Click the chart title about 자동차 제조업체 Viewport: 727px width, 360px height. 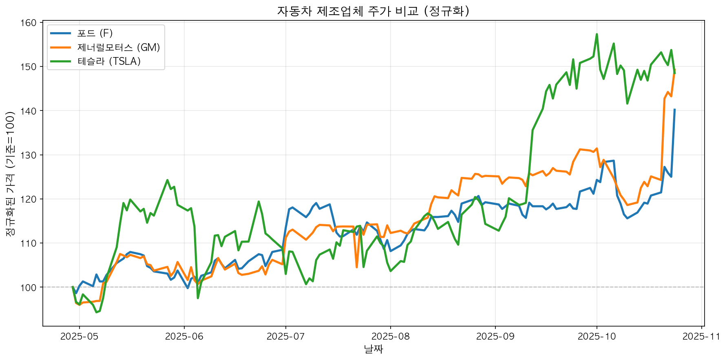pyautogui.click(x=373, y=11)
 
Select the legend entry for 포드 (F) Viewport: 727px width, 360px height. pyautogui.click(x=95, y=33)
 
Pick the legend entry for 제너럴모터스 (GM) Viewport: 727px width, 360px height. pyautogui.click(x=118, y=47)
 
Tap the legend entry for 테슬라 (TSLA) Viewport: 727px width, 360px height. pyautogui.click(x=109, y=61)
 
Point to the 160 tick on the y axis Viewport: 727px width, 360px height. pyautogui.click(x=31, y=23)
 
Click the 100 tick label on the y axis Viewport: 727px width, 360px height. pyautogui.click(x=31, y=287)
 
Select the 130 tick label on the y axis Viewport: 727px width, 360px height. pyautogui.click(x=31, y=155)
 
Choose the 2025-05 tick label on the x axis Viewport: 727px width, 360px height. pyautogui.click(x=79, y=336)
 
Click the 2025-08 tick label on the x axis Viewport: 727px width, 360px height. pyautogui.click(x=390, y=336)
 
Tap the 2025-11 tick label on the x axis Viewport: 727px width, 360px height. pyautogui.click(x=701, y=336)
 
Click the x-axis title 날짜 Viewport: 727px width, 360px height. pyautogui.click(x=373, y=349)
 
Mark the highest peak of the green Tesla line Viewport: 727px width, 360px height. pyautogui.click(x=597, y=34)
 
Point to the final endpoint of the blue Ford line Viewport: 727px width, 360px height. pyautogui.click(x=674, y=109)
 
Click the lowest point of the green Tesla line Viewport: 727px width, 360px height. pyautogui.click(x=96, y=312)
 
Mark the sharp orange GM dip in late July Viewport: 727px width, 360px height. pyautogui.click(x=357, y=267)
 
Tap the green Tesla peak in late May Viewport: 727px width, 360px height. pyautogui.click(x=167, y=180)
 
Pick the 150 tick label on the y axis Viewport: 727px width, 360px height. pyautogui.click(x=31, y=67)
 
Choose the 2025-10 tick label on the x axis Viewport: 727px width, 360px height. pyautogui.click(x=597, y=336)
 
